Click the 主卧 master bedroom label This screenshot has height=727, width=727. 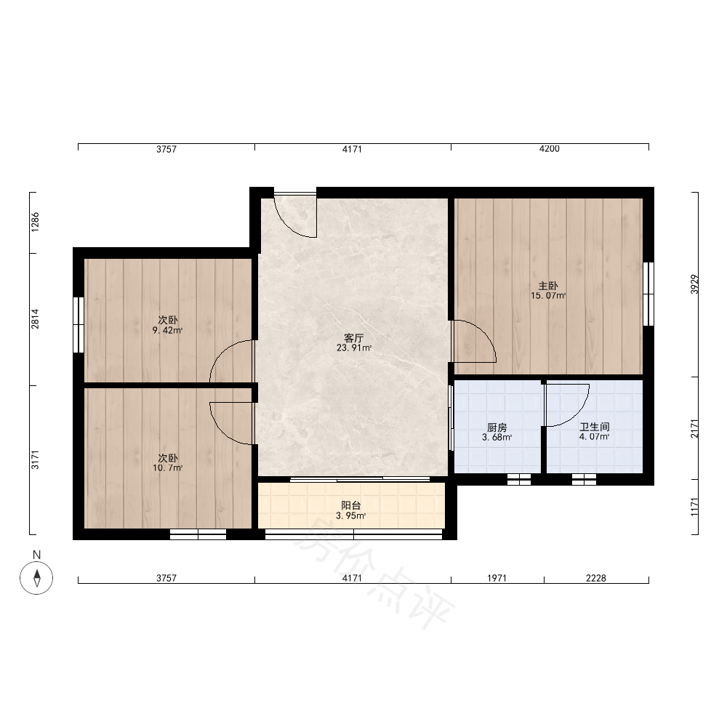[547, 286]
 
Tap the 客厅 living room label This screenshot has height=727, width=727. [353, 338]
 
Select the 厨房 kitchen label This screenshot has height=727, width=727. [497, 427]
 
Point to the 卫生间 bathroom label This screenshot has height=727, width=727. [594, 427]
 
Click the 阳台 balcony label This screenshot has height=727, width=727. [350, 505]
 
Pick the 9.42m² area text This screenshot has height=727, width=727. [167, 330]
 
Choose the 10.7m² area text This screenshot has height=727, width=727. [167, 467]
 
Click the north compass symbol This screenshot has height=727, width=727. [36, 578]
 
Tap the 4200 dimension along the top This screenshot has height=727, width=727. [550, 149]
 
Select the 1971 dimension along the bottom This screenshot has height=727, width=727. [497, 578]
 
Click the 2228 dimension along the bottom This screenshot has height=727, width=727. [596, 578]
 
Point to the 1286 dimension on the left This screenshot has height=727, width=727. [35, 222]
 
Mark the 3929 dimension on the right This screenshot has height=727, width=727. [694, 284]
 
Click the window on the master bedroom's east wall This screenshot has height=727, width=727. [648, 294]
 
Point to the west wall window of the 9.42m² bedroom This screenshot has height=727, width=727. [79, 325]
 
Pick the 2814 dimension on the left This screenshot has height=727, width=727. [35, 319]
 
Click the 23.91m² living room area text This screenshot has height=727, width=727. [354, 348]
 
